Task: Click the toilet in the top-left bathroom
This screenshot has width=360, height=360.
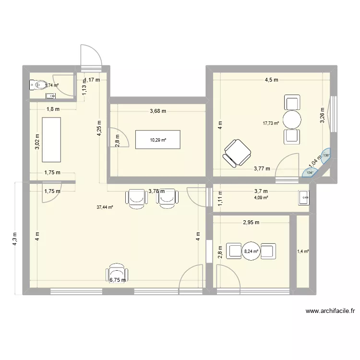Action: (36, 85)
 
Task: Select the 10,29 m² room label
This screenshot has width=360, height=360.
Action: (158, 140)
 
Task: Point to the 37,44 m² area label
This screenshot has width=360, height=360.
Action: (104, 207)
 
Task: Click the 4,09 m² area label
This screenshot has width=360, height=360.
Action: (261, 197)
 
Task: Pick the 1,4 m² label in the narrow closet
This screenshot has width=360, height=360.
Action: (303, 251)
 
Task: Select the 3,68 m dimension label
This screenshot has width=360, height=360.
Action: (157, 111)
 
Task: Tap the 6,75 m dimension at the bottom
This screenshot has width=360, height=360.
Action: (118, 280)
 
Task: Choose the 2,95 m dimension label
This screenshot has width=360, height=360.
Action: (251, 222)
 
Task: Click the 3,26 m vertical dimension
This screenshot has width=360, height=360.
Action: (323, 114)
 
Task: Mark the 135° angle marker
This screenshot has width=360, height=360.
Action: (326, 155)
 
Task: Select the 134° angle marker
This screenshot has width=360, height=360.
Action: (310, 173)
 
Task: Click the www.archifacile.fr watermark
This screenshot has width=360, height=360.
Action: (330, 311)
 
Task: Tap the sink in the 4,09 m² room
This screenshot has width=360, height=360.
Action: (304, 197)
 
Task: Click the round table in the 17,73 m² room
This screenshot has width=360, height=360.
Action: (292, 119)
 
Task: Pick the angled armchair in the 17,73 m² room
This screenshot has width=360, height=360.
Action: (237, 153)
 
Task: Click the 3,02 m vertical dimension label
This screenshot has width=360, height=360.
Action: (38, 141)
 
